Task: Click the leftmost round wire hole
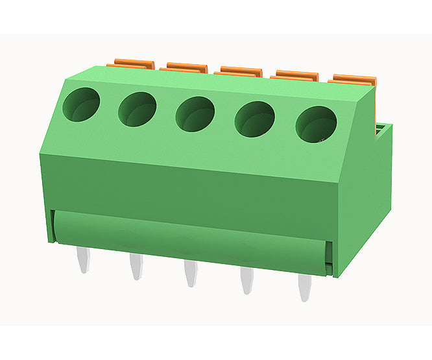(x=81, y=104)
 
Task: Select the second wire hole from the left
(x=137, y=108)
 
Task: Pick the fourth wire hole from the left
(x=254, y=119)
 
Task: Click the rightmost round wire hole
(x=316, y=125)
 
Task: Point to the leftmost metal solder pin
(x=82, y=259)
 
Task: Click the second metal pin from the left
(x=136, y=267)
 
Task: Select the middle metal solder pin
(x=189, y=273)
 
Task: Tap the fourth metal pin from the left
(x=246, y=281)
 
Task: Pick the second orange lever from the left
(x=186, y=67)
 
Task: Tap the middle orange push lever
(x=240, y=71)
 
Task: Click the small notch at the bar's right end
(x=330, y=259)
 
